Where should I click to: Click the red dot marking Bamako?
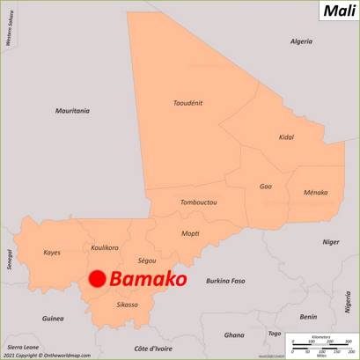tap(98, 280)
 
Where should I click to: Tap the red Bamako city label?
tap(149, 279)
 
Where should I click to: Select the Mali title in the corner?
tap(339, 11)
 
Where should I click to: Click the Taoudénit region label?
tap(188, 102)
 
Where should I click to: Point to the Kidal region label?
tap(286, 137)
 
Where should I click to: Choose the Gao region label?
tap(265, 186)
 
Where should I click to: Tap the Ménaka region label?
tap(315, 192)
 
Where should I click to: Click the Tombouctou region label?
tap(198, 202)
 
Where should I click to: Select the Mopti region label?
tap(190, 233)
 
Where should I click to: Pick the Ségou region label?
tap(147, 261)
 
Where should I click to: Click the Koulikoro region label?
tap(105, 247)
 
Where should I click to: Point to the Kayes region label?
tap(52, 253)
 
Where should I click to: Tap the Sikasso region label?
tap(128, 305)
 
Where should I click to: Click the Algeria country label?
tap(302, 41)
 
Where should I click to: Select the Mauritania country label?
tap(72, 111)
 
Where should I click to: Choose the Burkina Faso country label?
tap(225, 281)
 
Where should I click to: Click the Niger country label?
tap(330, 241)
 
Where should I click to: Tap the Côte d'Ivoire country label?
tap(152, 349)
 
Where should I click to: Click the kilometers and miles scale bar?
tap(321, 344)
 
